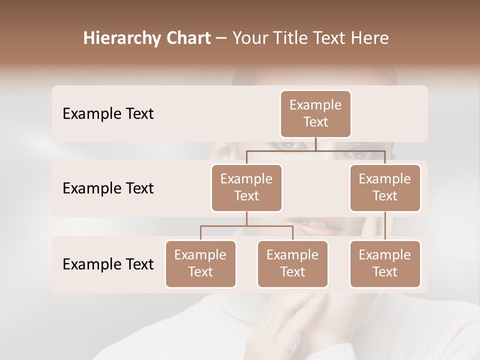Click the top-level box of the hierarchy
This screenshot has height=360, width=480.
pyautogui.click(x=315, y=114)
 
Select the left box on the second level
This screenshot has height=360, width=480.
pyautogui.click(x=246, y=188)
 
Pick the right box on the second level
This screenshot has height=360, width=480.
pyautogui.click(x=385, y=188)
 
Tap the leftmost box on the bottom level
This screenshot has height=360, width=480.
pyautogui.click(x=200, y=264)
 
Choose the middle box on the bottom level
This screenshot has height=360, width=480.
pyautogui.click(x=292, y=264)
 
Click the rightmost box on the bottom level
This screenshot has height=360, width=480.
pyautogui.click(x=385, y=264)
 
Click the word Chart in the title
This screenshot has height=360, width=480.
pyautogui.click(x=186, y=38)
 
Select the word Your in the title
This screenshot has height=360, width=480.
pyautogui.click(x=249, y=38)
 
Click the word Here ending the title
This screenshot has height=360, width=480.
pyautogui.click(x=370, y=38)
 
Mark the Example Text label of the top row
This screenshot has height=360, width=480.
pyautogui.click(x=108, y=114)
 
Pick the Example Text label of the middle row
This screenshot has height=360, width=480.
pyautogui.click(x=108, y=188)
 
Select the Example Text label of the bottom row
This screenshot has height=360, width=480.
pyautogui.click(x=108, y=264)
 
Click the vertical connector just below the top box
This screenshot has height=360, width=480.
pyautogui.click(x=315, y=144)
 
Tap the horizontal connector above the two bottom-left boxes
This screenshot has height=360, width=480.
pyautogui.click(x=246, y=226)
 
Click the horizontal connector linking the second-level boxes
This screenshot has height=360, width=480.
pyautogui.click(x=315, y=150)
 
